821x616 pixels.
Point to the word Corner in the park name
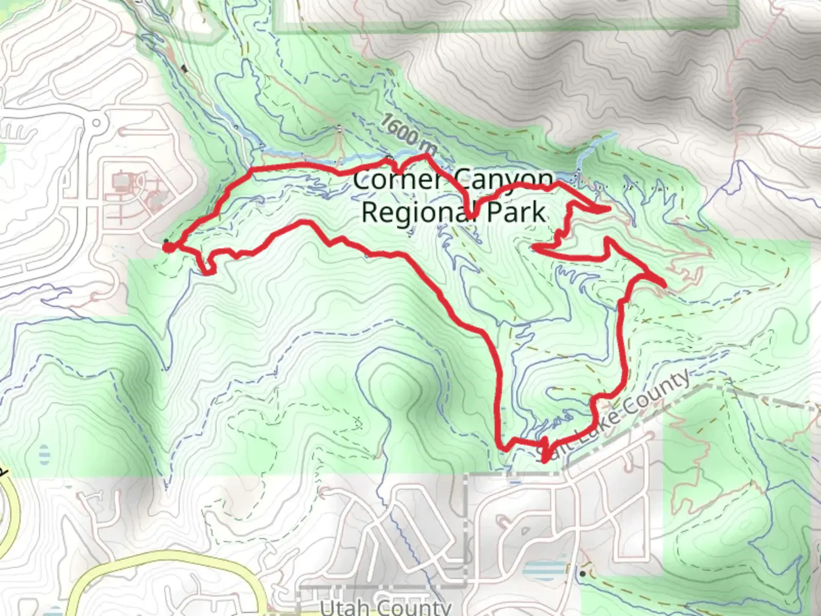[397, 180]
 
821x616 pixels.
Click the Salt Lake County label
[613, 416]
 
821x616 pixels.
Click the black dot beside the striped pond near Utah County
[582, 573]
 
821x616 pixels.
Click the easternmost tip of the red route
[664, 284]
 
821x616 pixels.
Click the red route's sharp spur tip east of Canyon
[608, 209]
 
